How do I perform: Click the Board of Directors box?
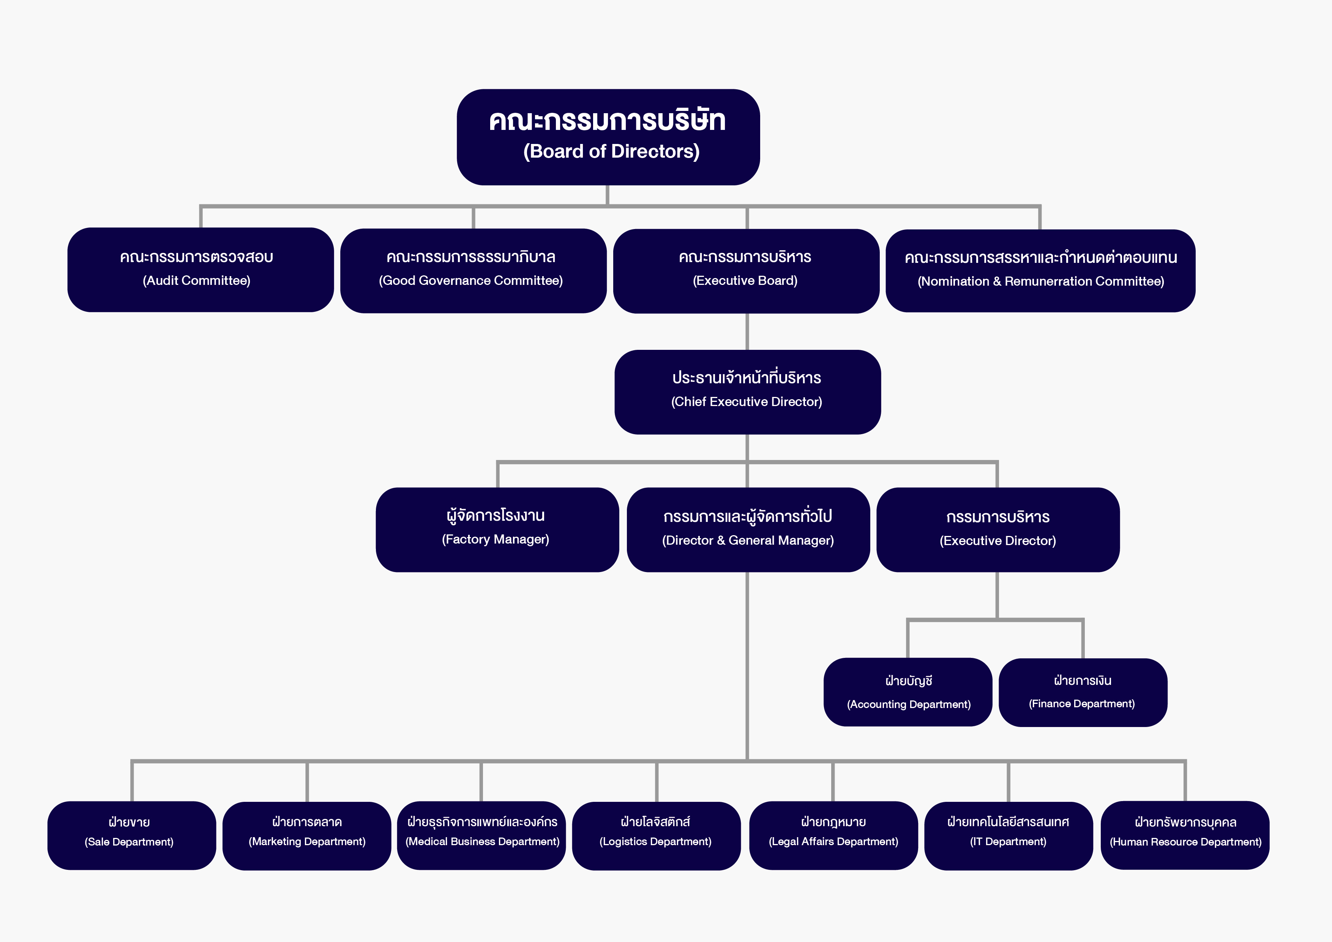pos(608,137)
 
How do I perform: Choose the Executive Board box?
pos(746,271)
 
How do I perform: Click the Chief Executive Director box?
pos(747,392)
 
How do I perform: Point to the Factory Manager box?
pos(497,529)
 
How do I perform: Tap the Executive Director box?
pos(998,529)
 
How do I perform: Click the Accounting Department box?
pos(908,692)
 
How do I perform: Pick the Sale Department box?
pos(132,835)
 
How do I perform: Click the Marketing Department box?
pos(307,836)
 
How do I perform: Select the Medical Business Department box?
pos(481,835)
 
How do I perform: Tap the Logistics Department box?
pos(656,836)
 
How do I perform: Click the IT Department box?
pos(1008,836)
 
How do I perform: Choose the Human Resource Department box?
pos(1185,835)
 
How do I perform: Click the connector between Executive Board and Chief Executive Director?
pos(747,332)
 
